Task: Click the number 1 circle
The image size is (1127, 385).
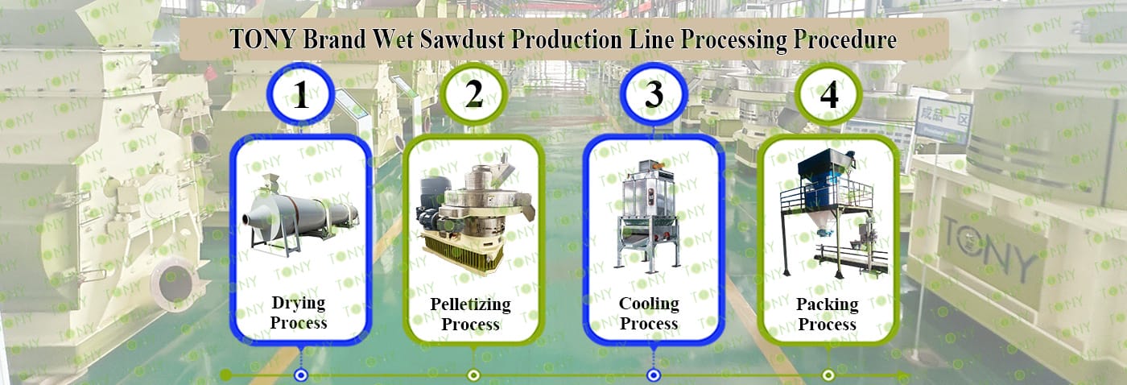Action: pyautogui.click(x=301, y=97)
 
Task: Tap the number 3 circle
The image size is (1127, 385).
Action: pyautogui.click(x=654, y=95)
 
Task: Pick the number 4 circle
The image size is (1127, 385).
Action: pyautogui.click(x=828, y=95)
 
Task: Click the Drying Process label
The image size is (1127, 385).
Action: pyautogui.click(x=299, y=313)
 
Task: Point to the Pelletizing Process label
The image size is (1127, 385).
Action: pyautogui.click(x=470, y=314)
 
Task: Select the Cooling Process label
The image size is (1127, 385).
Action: pyautogui.click(x=649, y=313)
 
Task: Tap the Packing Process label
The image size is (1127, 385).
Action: pyautogui.click(x=827, y=314)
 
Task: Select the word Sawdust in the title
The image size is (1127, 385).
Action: pyautogui.click(x=456, y=39)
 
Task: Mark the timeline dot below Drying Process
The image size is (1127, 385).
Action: pyautogui.click(x=301, y=375)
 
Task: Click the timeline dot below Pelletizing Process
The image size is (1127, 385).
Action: pyautogui.click(x=474, y=375)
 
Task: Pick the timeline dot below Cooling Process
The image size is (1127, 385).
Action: pyautogui.click(x=654, y=375)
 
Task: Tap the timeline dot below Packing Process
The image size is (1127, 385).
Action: pyautogui.click(x=828, y=375)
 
